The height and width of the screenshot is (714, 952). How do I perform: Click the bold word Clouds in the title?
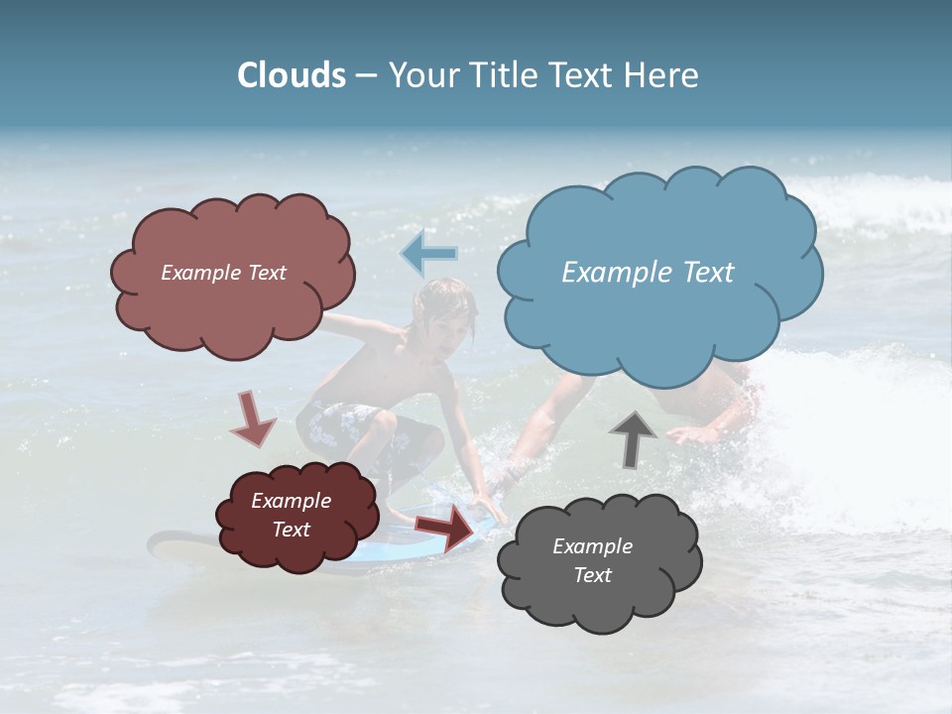pos(292,75)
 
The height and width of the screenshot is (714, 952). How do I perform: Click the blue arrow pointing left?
pos(428,254)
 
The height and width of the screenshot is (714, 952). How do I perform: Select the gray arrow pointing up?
pos(633,438)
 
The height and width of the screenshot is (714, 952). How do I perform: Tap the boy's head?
pos(445,311)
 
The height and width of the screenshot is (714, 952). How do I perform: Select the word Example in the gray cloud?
pos(592,546)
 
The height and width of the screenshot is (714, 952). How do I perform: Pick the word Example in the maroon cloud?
pos(291,501)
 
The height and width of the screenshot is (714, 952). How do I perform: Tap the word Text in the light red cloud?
pos(266,273)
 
